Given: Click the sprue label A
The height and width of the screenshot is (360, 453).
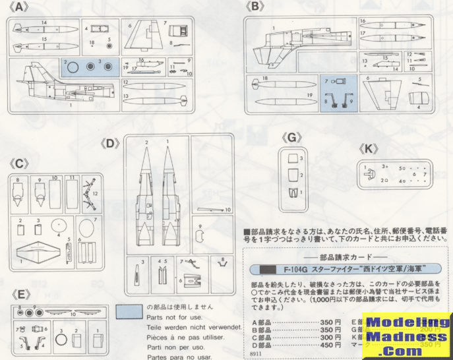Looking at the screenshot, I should click(x=20, y=8).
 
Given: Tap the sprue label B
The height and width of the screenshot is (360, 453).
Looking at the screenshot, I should click(x=256, y=8).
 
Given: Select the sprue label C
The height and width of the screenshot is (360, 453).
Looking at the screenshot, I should click(x=20, y=163).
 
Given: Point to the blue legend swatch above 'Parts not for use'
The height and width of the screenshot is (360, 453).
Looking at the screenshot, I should click(x=129, y=310).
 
